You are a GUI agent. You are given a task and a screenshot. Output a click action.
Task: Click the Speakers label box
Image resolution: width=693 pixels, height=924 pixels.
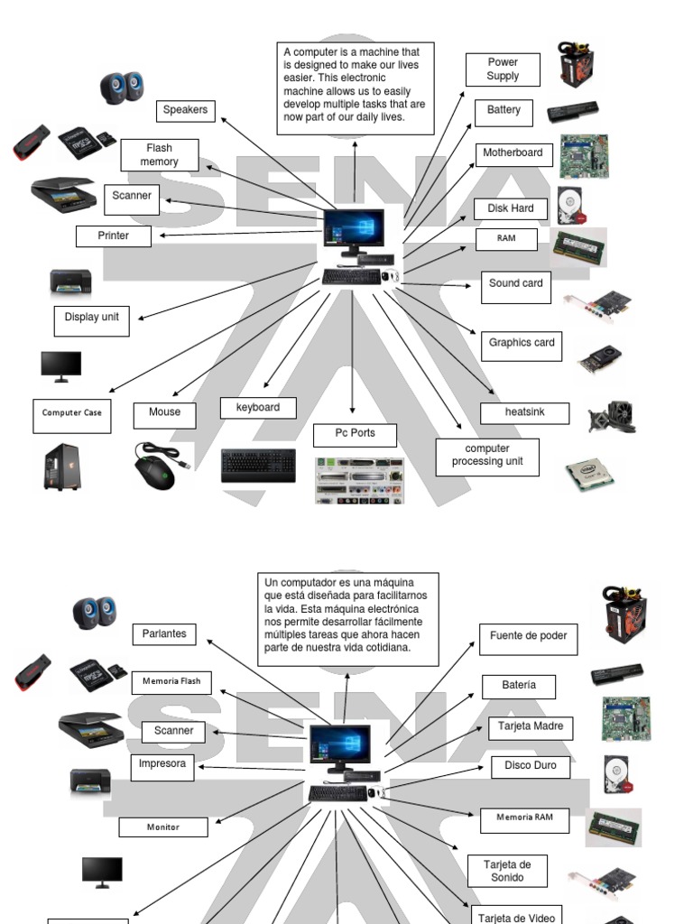point(185,110)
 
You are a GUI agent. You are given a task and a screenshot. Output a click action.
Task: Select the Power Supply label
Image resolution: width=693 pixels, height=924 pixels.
point(503,69)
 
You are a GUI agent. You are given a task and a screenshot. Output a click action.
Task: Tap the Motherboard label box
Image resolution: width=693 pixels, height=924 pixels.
point(513,153)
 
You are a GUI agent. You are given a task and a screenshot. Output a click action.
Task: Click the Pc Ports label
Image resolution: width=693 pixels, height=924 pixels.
point(355,434)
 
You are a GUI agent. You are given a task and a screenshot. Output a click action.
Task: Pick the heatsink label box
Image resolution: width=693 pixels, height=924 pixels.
point(524,413)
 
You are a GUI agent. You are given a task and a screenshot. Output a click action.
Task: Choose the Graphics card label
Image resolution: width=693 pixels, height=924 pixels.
point(522,344)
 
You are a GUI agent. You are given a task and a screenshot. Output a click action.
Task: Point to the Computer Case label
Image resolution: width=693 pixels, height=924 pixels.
point(72,414)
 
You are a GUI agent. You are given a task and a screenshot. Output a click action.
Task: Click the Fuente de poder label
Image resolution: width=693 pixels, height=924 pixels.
point(528,637)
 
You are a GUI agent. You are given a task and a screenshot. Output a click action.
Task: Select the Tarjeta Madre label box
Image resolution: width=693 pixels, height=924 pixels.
point(531,726)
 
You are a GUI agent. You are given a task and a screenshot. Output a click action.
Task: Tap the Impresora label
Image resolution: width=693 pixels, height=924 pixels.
point(162,765)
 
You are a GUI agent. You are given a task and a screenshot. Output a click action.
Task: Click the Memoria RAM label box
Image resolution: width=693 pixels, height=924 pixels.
point(524,818)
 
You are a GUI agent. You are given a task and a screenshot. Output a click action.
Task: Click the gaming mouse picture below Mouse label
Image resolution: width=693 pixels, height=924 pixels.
point(157,465)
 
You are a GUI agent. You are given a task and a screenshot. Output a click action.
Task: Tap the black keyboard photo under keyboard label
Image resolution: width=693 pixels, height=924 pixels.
point(258,467)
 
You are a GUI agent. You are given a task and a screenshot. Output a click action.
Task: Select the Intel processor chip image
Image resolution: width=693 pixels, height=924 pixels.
point(590,472)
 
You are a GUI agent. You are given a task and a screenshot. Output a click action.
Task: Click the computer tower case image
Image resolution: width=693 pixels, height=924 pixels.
point(61,467)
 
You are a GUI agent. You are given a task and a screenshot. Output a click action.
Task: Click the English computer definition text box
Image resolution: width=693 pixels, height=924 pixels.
point(355,88)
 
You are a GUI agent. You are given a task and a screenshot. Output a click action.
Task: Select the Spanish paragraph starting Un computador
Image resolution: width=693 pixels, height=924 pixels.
point(347,618)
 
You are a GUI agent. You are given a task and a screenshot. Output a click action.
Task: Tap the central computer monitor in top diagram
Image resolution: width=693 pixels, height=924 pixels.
point(354,229)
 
